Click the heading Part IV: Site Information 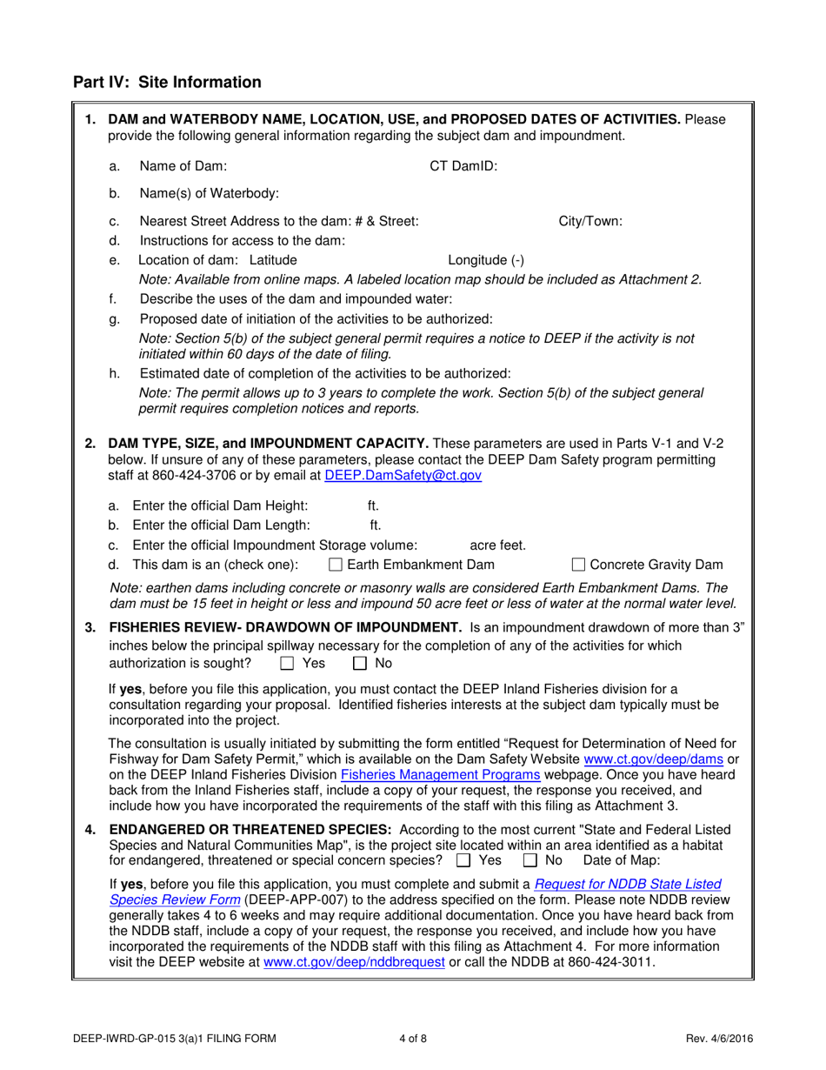[x=167, y=83]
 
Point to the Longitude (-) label [x=485, y=260]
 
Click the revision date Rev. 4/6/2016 [x=719, y=1037]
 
